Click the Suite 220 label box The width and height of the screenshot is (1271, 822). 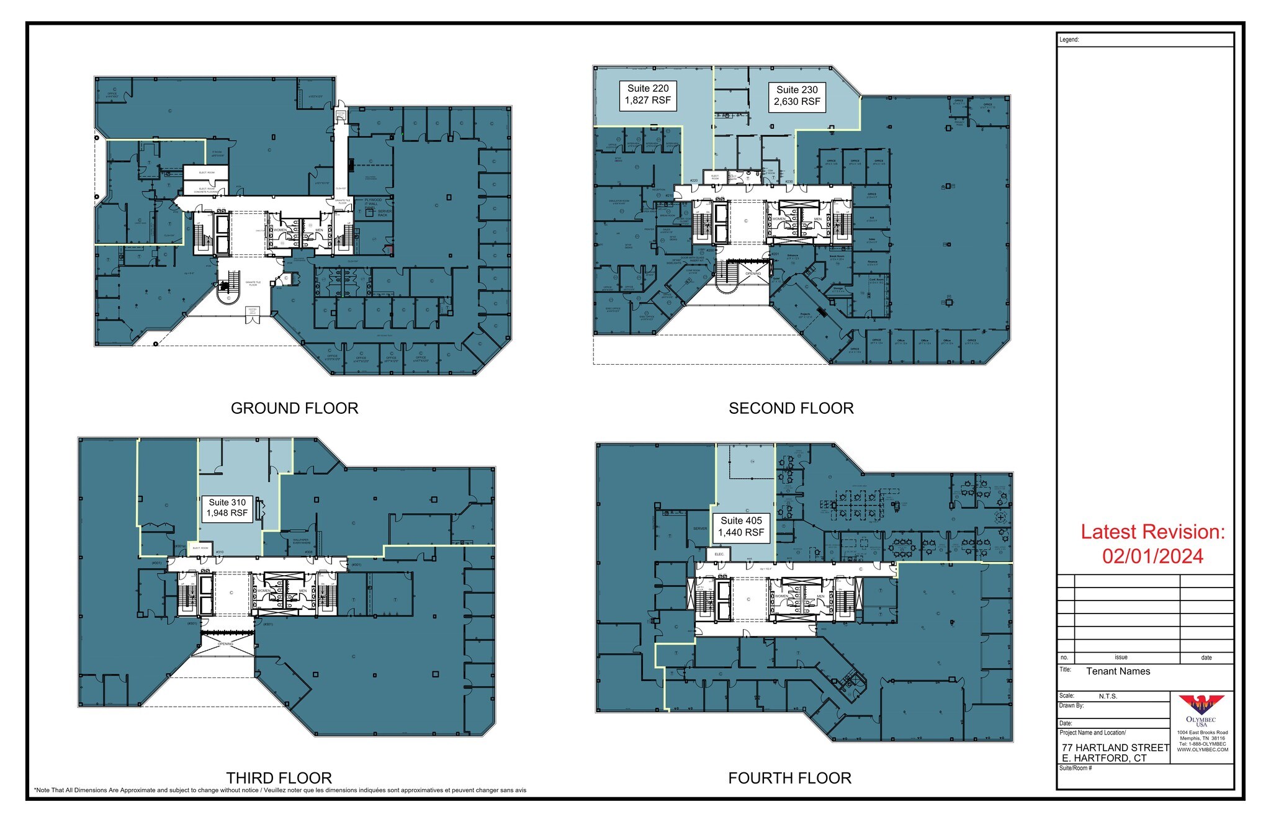(648, 95)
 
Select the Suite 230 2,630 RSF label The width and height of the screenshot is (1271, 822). (797, 96)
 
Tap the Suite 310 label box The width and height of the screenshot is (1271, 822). (227, 508)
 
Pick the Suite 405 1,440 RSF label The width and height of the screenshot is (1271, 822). (741, 527)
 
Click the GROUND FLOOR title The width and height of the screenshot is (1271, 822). (294, 408)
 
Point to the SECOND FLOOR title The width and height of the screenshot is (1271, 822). (791, 408)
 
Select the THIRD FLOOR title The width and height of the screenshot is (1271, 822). (279, 778)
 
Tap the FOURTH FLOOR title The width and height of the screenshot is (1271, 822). (789, 778)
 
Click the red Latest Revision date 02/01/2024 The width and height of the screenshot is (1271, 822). (1152, 556)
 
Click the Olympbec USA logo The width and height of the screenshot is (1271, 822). (1201, 711)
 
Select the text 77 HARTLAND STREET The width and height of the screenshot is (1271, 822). (1115, 748)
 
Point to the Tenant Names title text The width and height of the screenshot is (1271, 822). (1118, 671)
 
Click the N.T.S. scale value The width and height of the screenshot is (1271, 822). (1108, 696)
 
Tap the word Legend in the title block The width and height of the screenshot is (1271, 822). (1069, 40)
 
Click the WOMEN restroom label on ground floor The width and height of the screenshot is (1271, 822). (281, 230)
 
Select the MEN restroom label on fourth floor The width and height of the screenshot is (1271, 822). (820, 596)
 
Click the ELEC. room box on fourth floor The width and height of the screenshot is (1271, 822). (719, 554)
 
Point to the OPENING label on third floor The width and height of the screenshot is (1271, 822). (226, 644)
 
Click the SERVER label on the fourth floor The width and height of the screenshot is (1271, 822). (699, 529)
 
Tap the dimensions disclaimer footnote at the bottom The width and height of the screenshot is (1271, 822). (280, 790)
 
